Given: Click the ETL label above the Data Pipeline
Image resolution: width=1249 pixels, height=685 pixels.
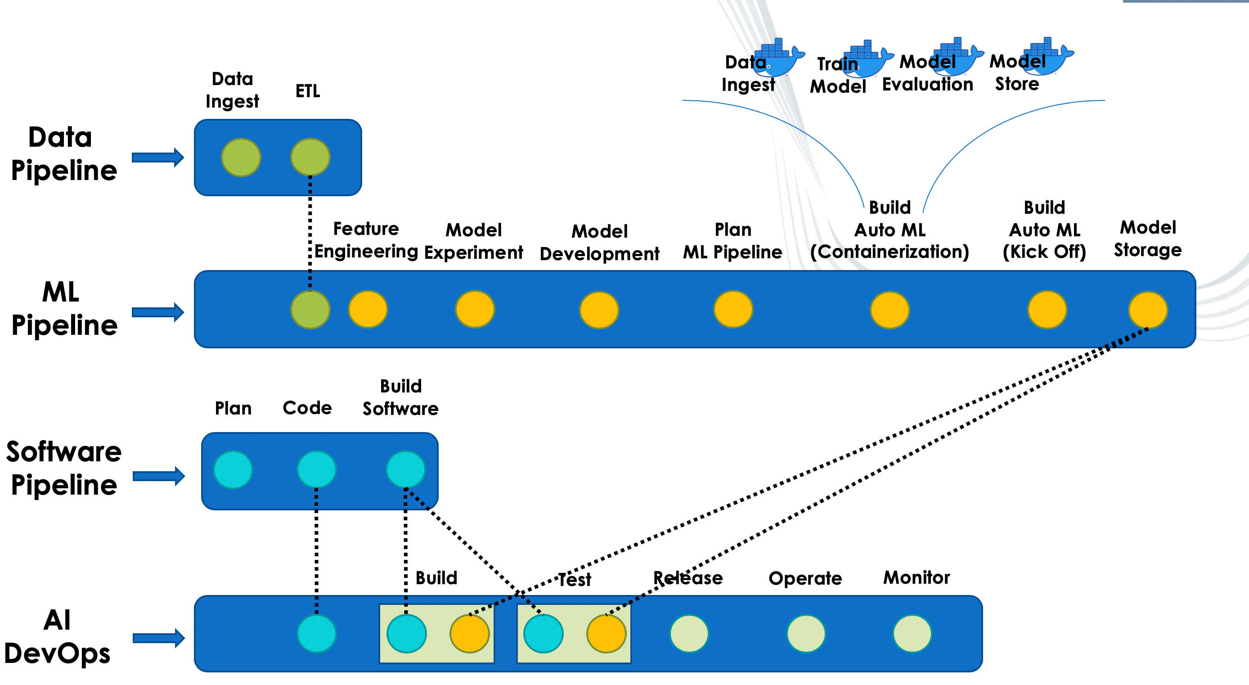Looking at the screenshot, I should click(307, 91).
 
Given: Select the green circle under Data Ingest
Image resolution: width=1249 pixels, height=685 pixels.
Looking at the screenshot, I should click(241, 157).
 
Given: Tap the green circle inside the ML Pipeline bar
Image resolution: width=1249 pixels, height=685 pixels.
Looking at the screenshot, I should click(310, 310).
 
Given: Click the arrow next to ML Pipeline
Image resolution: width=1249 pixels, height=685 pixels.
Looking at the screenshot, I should click(158, 312).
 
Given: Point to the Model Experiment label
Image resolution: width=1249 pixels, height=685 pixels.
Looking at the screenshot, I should click(473, 241).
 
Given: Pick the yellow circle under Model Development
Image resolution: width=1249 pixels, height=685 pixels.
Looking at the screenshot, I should click(599, 310).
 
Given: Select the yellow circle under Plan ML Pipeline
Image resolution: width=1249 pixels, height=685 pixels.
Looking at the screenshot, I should click(733, 309).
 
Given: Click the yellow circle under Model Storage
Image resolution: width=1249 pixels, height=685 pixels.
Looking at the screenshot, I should click(1148, 310).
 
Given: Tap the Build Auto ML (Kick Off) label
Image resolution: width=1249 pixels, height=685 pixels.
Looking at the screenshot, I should click(1044, 230).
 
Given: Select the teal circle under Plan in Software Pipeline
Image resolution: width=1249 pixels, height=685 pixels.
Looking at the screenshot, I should click(233, 469).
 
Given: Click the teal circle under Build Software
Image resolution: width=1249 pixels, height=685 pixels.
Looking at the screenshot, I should click(406, 469).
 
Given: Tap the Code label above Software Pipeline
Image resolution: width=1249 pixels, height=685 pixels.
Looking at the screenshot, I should click(307, 408).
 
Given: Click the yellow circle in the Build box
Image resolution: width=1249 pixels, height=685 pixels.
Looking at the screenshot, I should click(469, 634).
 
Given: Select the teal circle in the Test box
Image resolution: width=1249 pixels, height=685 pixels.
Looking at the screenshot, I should click(543, 634).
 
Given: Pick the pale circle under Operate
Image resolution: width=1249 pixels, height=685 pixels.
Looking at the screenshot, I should click(806, 634).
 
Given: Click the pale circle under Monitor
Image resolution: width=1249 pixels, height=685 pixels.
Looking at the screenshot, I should click(912, 634).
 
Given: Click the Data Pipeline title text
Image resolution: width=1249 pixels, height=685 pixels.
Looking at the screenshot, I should click(63, 154).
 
